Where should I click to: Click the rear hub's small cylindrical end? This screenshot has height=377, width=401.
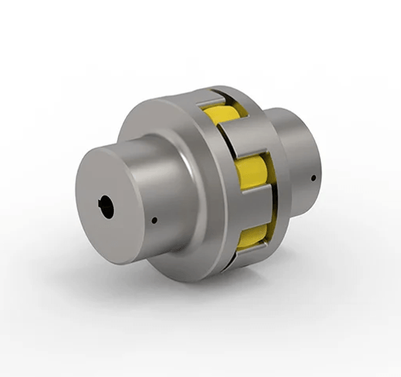click(x=307, y=157)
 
